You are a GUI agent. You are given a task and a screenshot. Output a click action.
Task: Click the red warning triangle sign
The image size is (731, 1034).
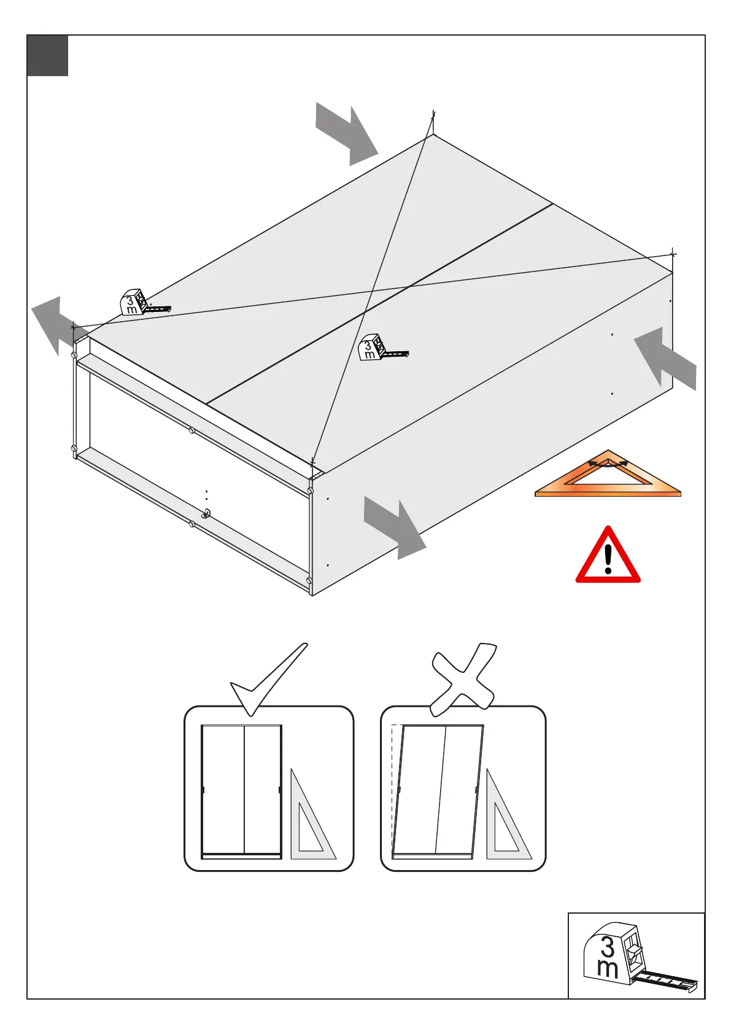click(608, 556)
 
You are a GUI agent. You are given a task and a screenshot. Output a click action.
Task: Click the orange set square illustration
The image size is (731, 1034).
click(608, 479)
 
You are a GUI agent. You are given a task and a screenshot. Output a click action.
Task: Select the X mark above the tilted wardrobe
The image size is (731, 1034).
click(463, 678)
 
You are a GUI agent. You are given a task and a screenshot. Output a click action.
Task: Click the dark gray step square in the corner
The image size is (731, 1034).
click(47, 56)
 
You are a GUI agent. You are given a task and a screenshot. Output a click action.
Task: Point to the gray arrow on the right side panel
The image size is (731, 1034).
click(665, 357)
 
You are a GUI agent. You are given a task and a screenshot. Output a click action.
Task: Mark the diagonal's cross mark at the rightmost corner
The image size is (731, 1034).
click(673, 254)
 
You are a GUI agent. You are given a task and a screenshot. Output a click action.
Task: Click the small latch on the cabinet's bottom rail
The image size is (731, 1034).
click(207, 514)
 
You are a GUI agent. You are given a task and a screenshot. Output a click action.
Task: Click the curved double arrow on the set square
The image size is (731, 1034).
click(608, 464)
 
